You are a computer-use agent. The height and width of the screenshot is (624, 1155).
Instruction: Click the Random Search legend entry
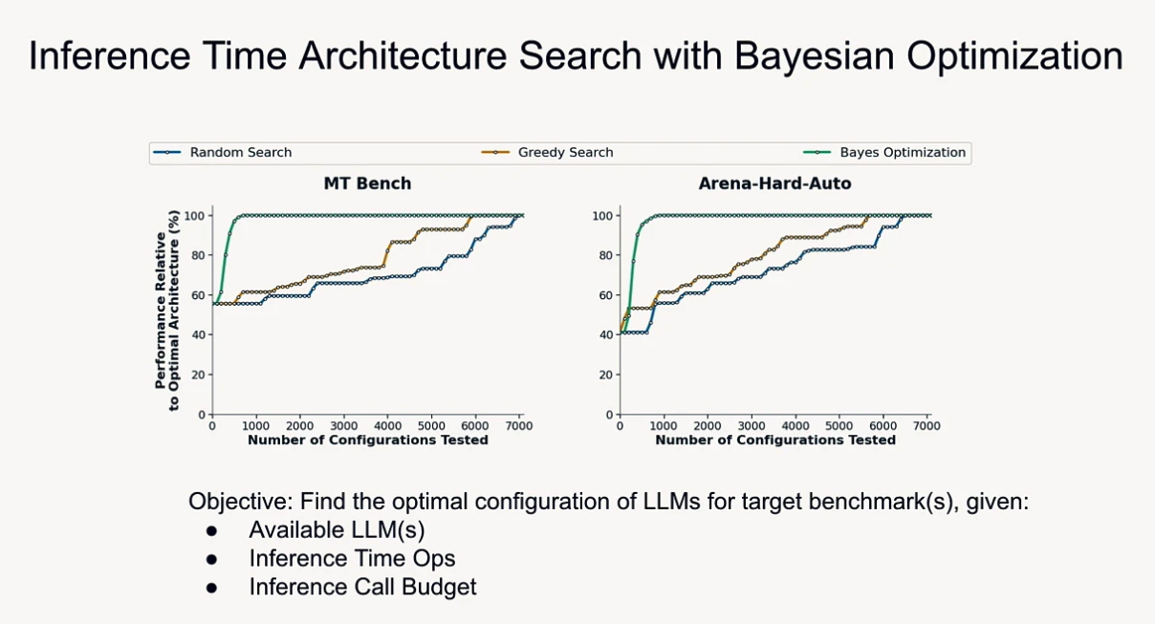point(240,153)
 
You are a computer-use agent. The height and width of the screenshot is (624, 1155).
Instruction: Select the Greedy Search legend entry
point(565,153)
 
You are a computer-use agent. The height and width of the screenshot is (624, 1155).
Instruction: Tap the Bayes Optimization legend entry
point(902,153)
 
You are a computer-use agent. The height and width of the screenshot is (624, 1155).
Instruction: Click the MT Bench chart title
point(367,183)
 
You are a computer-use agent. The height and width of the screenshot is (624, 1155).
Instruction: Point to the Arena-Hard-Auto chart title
point(775,183)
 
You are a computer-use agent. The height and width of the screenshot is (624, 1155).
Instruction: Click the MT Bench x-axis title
point(367,441)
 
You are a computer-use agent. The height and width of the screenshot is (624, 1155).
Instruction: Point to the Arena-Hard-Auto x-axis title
point(775,441)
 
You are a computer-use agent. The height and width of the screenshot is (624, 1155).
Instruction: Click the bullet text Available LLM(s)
point(337,530)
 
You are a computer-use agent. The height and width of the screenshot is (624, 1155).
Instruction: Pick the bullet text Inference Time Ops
point(352,558)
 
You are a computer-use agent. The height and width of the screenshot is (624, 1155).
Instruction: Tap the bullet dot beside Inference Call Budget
point(211,587)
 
